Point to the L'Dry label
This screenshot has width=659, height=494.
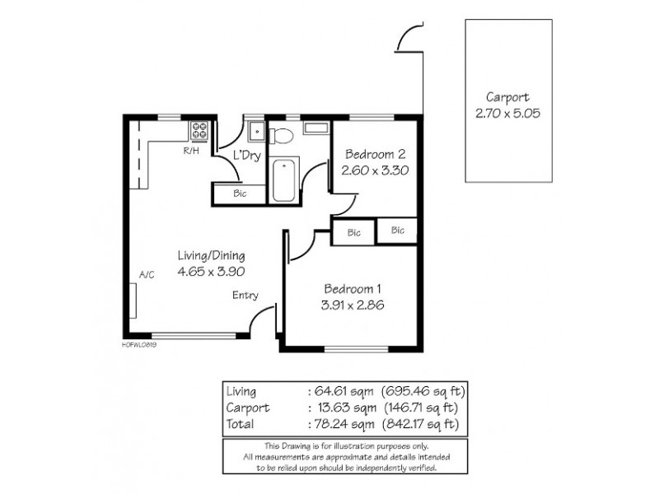[247, 155]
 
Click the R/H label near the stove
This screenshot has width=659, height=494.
[191, 151]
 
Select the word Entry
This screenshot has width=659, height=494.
[245, 296]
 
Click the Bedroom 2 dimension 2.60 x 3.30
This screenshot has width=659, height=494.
[375, 170]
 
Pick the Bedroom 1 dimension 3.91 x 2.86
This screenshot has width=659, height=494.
[353, 305]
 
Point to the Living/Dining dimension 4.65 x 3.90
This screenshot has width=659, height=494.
[211, 271]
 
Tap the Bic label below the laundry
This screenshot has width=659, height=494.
[241, 194]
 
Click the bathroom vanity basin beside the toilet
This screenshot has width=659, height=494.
[315, 128]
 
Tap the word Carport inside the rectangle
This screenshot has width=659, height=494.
[507, 96]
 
